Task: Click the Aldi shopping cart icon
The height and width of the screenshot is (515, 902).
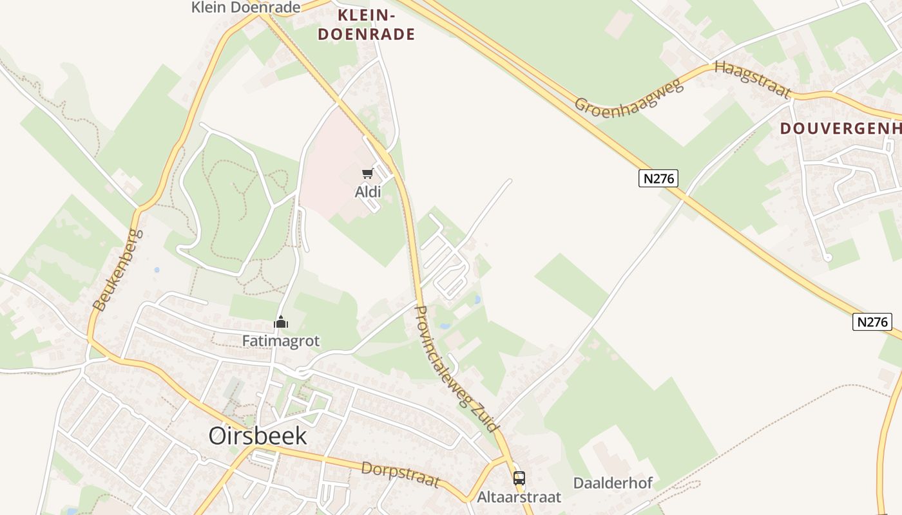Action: [x=367, y=173]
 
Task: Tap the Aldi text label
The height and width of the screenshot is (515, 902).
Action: [x=368, y=192]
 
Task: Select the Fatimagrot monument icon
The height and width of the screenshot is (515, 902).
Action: [x=281, y=321]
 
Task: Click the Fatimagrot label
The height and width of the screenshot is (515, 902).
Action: [x=281, y=341]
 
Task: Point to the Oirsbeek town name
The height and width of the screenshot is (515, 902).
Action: [x=258, y=436]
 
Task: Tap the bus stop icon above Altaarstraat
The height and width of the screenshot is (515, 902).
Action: [x=519, y=478]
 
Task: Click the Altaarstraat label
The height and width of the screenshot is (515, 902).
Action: [x=519, y=497]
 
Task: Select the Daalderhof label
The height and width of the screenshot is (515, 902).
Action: [x=613, y=483]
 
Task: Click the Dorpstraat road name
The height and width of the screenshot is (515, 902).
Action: [x=401, y=474]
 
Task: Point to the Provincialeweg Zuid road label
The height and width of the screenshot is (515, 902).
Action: [x=457, y=368]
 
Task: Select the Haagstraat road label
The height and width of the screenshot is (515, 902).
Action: [x=753, y=79]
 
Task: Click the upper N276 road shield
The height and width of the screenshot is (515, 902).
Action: [x=658, y=178]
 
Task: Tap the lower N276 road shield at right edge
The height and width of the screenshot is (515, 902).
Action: [x=872, y=322]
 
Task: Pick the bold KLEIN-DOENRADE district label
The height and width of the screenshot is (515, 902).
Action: [x=366, y=24]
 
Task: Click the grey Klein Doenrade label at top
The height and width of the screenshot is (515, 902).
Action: [x=246, y=8]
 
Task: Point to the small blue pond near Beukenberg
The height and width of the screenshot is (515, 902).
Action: [x=157, y=270]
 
